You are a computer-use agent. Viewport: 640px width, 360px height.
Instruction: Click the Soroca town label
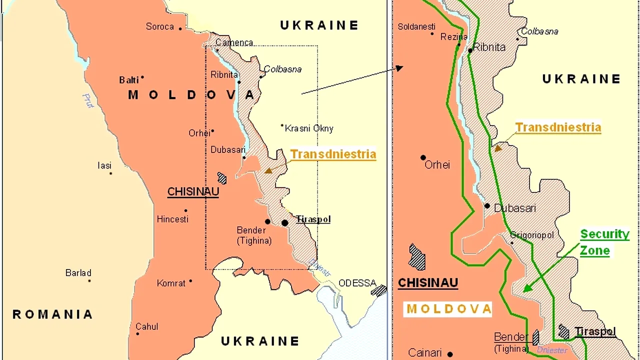click(159, 26)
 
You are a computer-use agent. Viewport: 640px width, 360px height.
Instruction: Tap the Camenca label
click(234, 42)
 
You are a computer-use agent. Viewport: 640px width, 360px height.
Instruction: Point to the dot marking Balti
click(142, 77)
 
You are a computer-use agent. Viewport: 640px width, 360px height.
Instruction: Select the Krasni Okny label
click(308, 128)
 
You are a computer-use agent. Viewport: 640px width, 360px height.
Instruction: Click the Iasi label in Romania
click(104, 165)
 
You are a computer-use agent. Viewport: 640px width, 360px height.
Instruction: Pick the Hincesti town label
click(172, 219)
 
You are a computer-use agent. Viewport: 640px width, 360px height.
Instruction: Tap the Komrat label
click(171, 283)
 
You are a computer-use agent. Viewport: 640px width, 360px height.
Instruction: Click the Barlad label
click(78, 273)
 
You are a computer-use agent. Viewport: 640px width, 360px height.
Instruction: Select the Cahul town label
click(147, 326)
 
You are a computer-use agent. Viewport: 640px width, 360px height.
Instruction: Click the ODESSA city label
click(357, 283)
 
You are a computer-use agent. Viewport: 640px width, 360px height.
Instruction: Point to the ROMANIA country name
click(52, 314)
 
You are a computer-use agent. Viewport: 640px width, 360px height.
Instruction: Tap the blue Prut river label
click(88, 100)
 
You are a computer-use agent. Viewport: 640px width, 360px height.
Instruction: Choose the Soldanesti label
click(416, 26)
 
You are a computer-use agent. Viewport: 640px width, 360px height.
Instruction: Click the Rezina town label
click(453, 36)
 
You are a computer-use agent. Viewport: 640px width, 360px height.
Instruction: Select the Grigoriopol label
click(532, 235)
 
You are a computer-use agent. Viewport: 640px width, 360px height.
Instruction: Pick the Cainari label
click(425, 352)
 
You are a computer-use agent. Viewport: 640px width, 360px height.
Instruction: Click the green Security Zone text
click(604, 242)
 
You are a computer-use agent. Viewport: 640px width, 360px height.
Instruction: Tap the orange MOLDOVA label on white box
click(448, 309)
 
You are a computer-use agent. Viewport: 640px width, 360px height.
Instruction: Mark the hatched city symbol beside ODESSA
click(379, 290)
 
